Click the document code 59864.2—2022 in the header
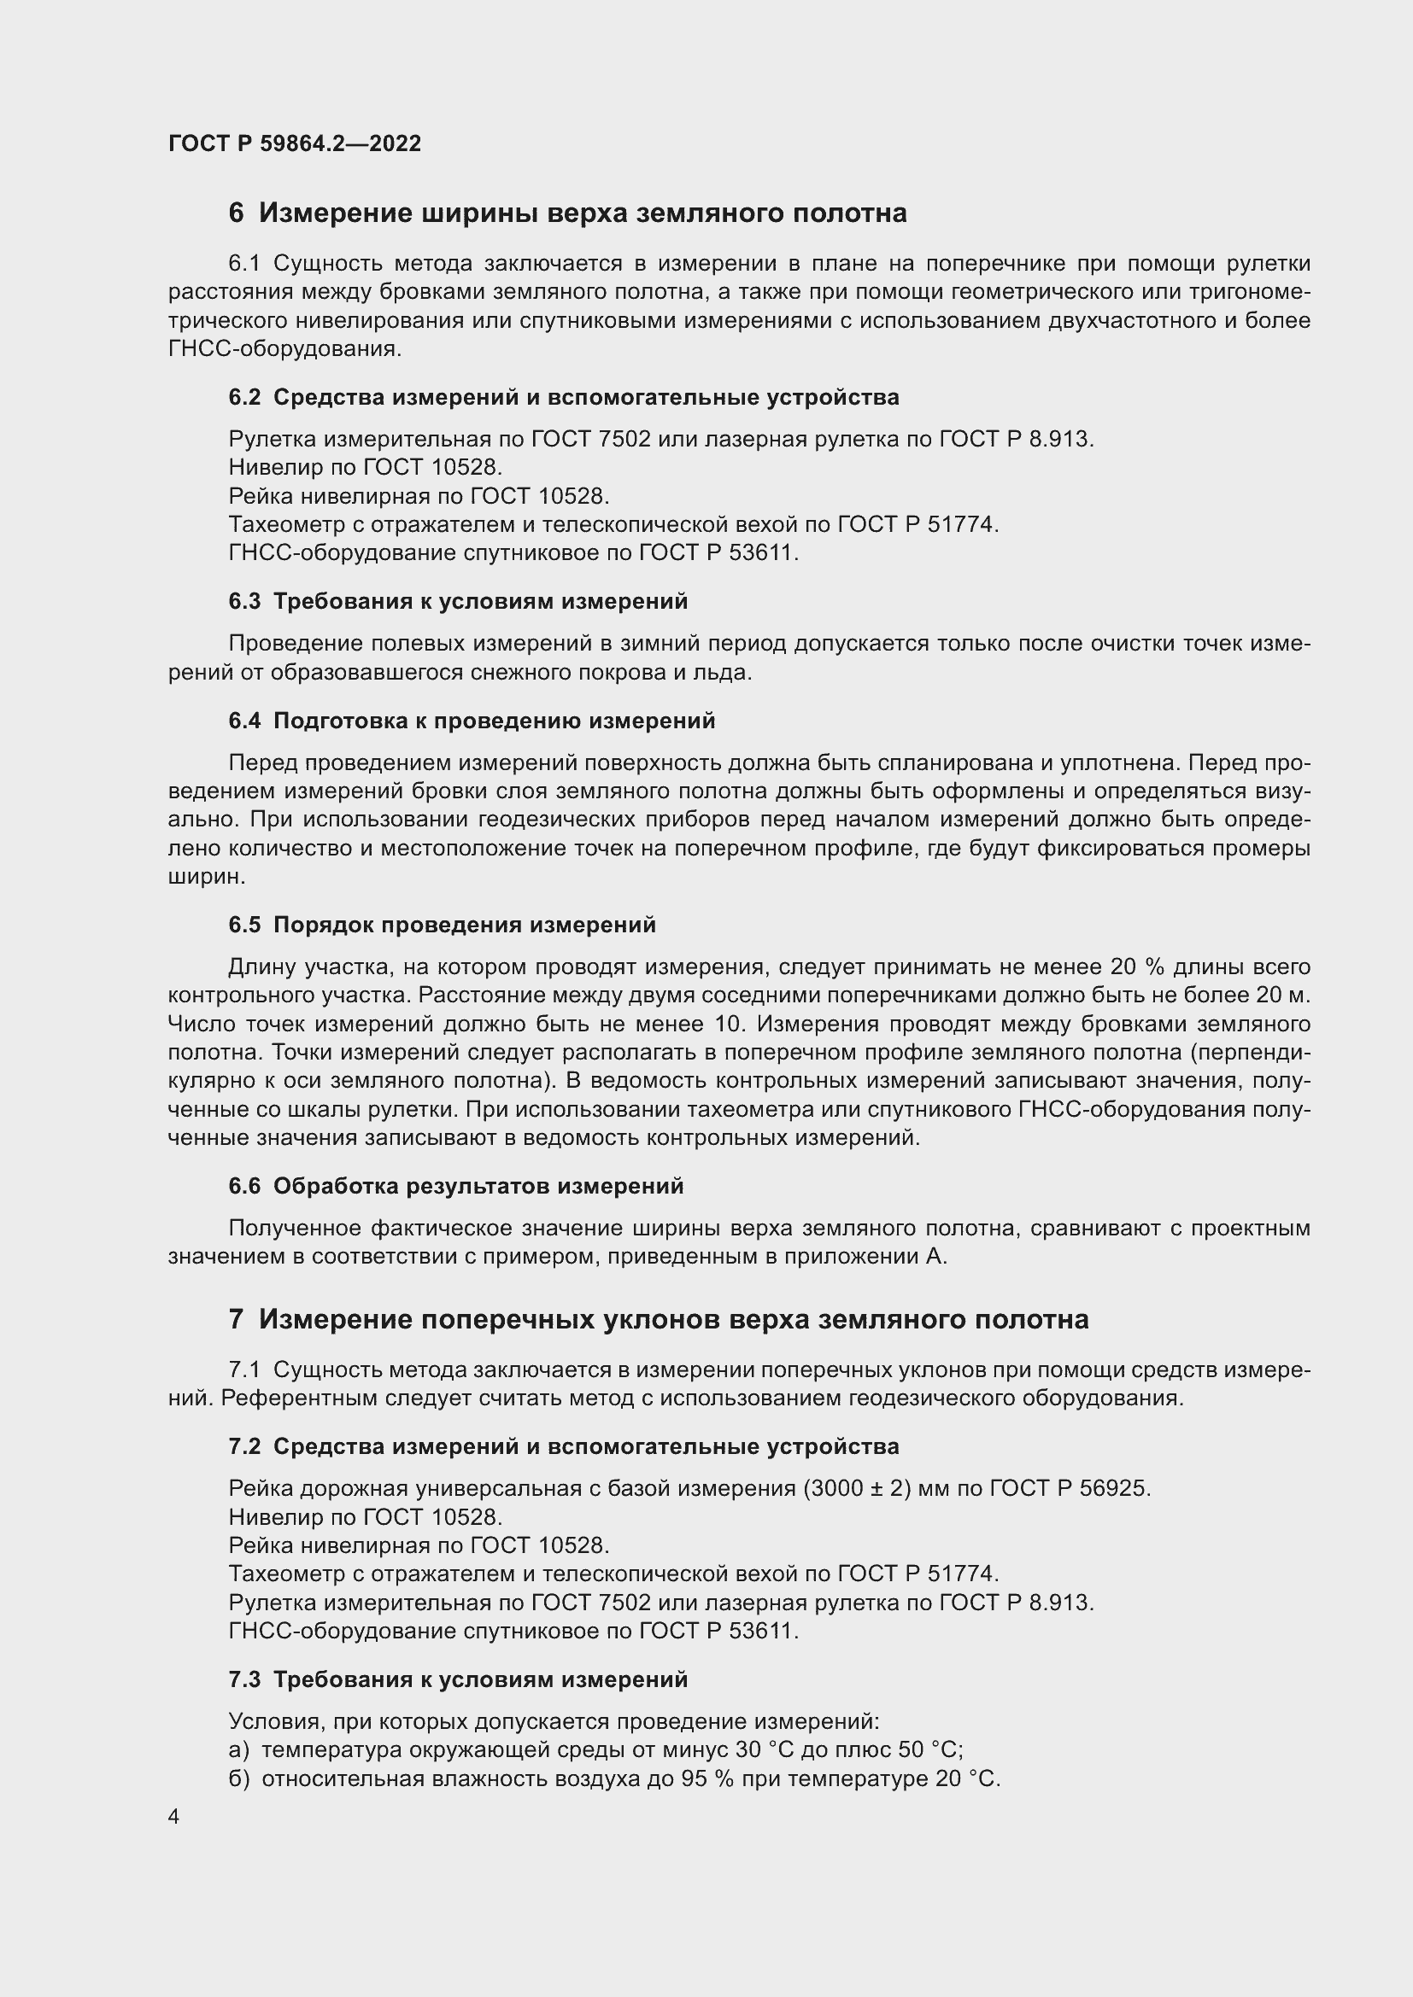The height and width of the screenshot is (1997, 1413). point(340,143)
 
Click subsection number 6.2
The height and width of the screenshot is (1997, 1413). point(244,398)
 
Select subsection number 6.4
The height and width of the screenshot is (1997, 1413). point(244,721)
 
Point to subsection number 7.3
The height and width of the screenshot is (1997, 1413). point(244,1679)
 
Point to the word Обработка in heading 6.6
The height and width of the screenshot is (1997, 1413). point(332,1187)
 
